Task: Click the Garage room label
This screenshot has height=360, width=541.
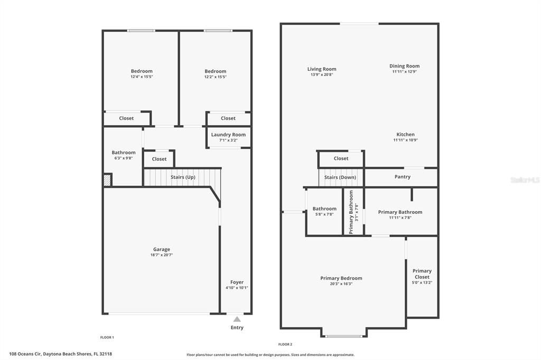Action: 162,249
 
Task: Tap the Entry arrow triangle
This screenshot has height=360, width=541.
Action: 237,319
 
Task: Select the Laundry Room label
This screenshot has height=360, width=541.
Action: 228,135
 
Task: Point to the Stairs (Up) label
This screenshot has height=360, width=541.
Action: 183,177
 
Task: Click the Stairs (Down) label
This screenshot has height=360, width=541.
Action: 340,177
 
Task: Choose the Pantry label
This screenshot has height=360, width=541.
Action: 403,176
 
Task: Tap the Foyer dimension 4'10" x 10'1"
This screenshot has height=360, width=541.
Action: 237,288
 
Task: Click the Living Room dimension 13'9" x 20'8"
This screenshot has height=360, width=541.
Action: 322,74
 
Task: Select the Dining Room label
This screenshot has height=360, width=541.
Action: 404,66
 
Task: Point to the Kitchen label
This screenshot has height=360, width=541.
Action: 405,134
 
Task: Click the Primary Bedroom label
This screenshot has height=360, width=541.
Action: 341,278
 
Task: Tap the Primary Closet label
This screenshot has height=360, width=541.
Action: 422,274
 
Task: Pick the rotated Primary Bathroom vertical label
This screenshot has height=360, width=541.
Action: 351,212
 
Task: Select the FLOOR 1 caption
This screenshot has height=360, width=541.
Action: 107,337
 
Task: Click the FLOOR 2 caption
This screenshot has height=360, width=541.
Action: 285,344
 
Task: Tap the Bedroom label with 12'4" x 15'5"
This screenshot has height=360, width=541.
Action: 142,71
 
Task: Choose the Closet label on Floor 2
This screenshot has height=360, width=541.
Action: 341,158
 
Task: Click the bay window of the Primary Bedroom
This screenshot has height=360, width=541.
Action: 344,336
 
